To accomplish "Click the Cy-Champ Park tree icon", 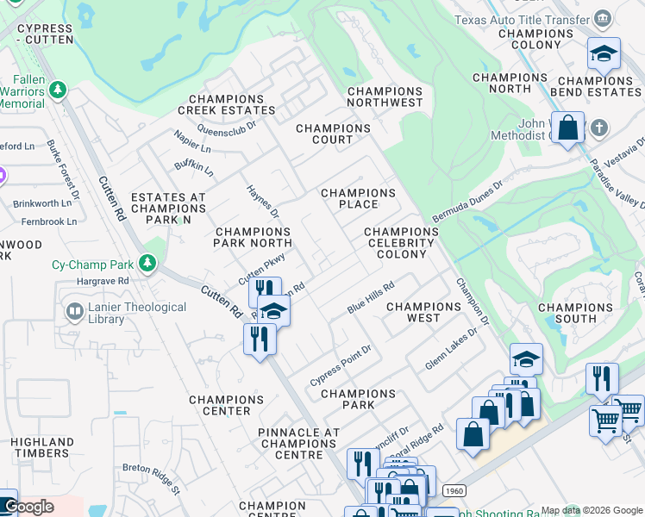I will coord(147,262).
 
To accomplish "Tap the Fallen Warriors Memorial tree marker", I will coord(58,90).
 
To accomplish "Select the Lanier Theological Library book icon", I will coord(75,309).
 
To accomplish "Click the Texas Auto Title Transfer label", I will coord(522,19).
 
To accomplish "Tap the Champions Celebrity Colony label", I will coord(401,243).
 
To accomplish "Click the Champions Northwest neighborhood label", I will coord(385,97).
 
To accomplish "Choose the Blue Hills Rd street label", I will coord(371,297).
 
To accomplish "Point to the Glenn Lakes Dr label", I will coord(451,349).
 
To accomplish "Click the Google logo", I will coord(28,507).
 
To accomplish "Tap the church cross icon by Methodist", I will coord(599,128).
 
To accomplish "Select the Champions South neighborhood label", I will coord(574,313).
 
